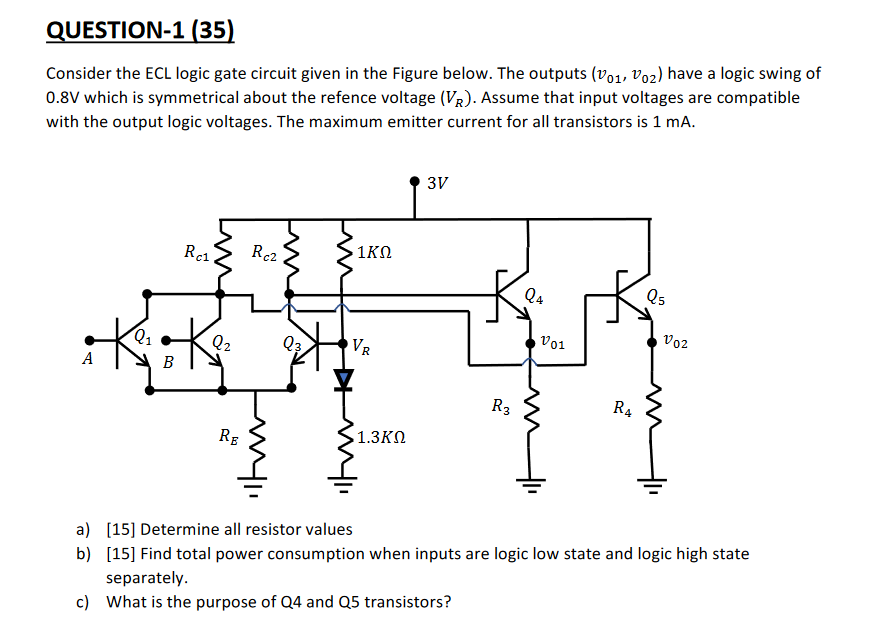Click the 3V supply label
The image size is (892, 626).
click(437, 183)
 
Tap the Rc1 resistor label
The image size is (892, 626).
click(197, 254)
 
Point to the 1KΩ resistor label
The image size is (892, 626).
click(375, 253)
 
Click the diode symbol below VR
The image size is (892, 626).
click(344, 379)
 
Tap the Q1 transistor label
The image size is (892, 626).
click(146, 337)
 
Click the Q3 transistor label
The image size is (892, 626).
click(291, 345)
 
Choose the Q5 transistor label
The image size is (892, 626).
click(654, 295)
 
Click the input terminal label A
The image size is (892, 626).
click(89, 358)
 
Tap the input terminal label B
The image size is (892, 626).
click(168, 363)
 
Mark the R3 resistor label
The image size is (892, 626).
click(500, 406)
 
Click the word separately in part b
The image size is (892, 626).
click(147, 578)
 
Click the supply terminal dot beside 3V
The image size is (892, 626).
click(414, 182)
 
